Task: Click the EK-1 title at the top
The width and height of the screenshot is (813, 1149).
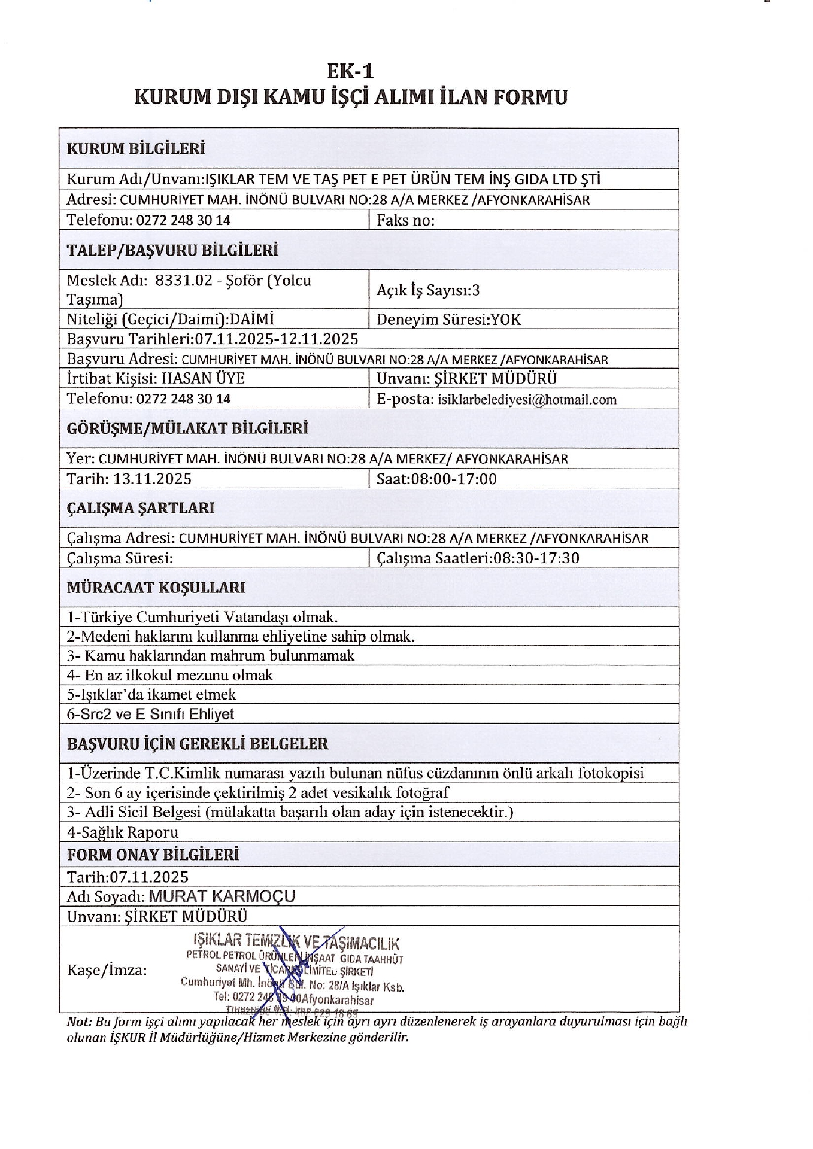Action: (350, 71)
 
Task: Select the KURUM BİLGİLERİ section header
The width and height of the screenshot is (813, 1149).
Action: (136, 148)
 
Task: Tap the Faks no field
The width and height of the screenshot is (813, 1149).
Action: (405, 220)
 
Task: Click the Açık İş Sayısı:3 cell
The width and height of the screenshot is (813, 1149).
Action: (428, 290)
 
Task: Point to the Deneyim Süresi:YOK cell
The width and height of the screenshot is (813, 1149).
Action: (448, 320)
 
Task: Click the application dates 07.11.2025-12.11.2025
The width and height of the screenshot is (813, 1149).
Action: (277, 339)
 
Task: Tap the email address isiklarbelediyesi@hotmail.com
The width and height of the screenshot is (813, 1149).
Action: (527, 399)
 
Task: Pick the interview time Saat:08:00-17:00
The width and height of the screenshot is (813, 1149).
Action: (436, 479)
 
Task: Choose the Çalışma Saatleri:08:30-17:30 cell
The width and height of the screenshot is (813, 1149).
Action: (478, 558)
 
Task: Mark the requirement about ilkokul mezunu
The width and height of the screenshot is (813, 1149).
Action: (170, 675)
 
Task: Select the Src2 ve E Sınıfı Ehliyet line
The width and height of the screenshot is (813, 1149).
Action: (150, 714)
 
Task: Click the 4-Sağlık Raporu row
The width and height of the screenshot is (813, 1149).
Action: (123, 832)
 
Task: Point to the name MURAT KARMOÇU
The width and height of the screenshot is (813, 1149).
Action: (222, 896)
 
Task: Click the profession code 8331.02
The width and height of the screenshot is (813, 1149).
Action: (184, 280)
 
